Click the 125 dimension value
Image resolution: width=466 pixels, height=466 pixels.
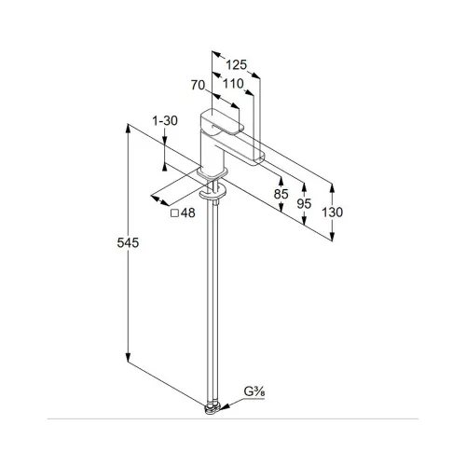click(236, 65)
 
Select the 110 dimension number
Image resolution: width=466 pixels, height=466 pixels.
click(233, 83)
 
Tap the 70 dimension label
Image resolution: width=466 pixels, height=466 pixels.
click(198, 85)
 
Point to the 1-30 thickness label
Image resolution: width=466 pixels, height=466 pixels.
click(165, 120)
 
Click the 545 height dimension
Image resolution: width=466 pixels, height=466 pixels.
click(128, 242)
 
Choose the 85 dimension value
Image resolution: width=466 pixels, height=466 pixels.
click(281, 194)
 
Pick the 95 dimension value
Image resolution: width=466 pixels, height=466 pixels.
click(304, 204)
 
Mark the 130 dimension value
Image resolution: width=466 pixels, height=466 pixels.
click(332, 212)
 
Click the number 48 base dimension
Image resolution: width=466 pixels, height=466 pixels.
click(188, 213)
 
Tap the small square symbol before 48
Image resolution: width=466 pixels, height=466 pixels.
click(175, 213)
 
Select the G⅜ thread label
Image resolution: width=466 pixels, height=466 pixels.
click(254, 391)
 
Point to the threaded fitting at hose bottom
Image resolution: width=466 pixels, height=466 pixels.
click(212, 408)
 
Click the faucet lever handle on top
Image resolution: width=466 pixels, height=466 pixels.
click(222, 122)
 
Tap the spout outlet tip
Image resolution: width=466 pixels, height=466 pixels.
click(259, 160)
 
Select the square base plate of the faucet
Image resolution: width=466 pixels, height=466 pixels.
click(212, 173)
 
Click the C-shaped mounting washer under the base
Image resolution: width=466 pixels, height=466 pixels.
click(213, 193)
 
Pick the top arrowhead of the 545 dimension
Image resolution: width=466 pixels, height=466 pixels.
click(128, 129)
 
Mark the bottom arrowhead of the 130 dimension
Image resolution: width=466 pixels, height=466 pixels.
click(332, 237)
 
